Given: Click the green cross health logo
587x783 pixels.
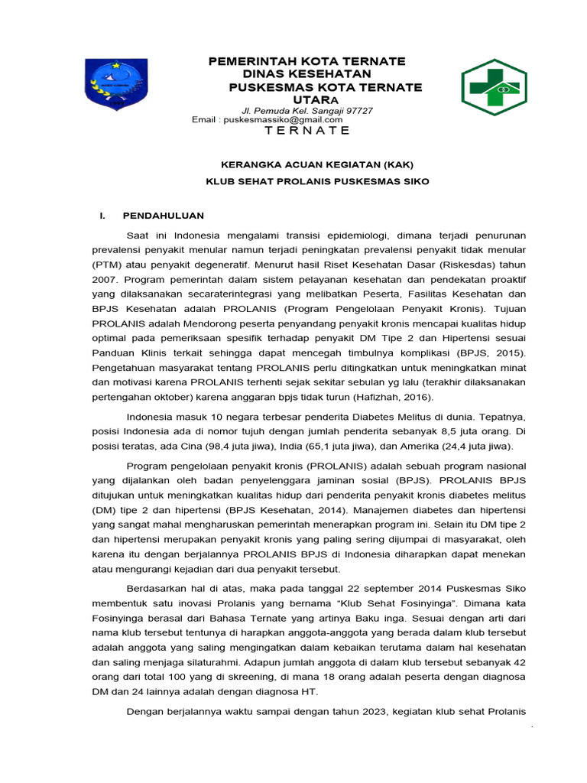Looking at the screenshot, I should coord(493,86).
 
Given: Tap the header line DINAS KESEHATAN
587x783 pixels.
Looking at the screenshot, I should coord(306,73).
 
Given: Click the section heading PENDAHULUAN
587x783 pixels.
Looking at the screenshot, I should coord(164,216).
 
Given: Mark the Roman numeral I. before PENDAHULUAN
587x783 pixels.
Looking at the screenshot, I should coord(103,216).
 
